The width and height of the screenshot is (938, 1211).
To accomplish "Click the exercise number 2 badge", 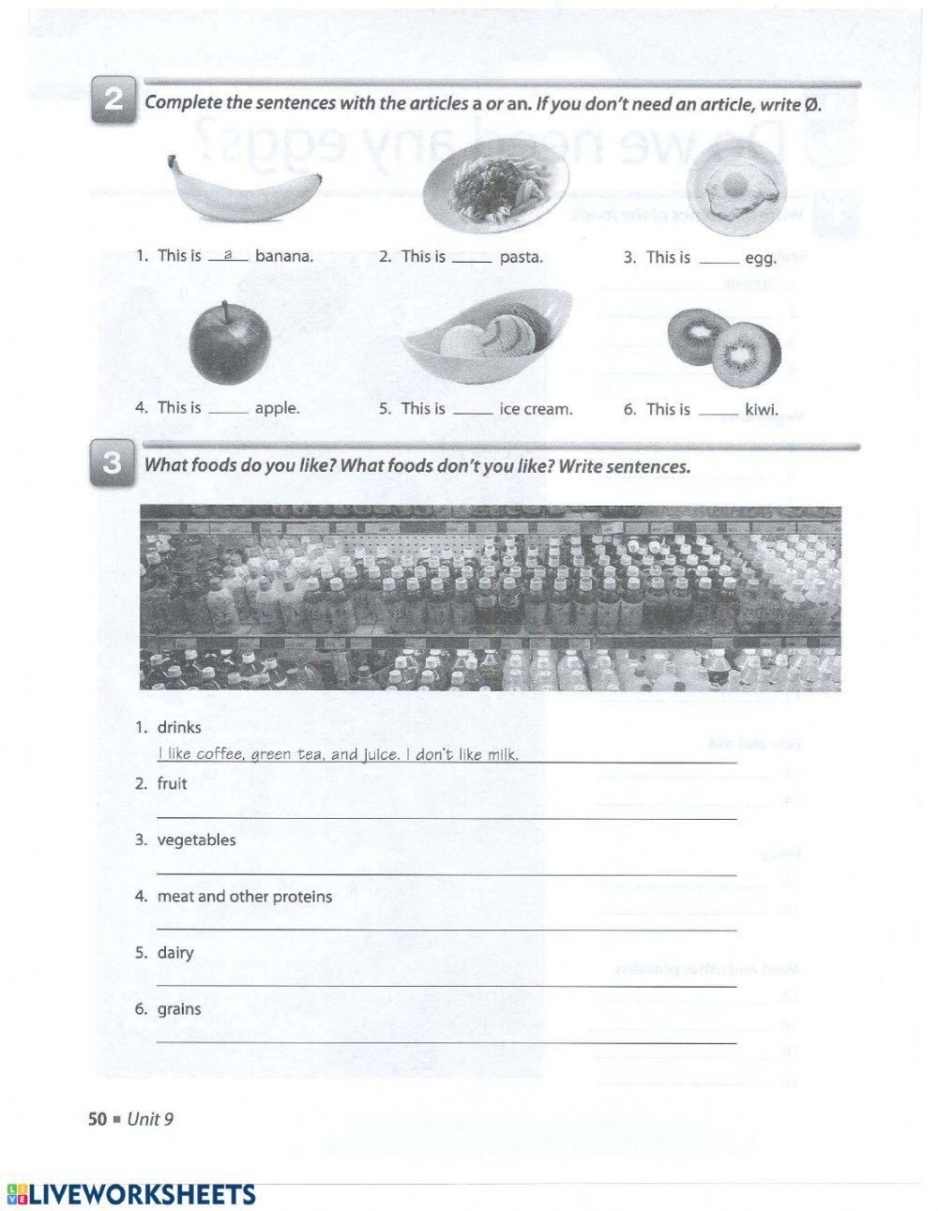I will coord(113,101).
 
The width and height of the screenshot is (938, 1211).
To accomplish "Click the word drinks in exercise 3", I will coord(179,727).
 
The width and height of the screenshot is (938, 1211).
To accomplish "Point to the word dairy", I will coord(175,953).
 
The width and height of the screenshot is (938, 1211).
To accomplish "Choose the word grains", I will coord(179,1009).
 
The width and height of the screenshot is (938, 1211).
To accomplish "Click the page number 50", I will coord(98,1119).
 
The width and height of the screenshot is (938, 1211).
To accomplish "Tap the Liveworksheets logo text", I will coord(131,1194).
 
